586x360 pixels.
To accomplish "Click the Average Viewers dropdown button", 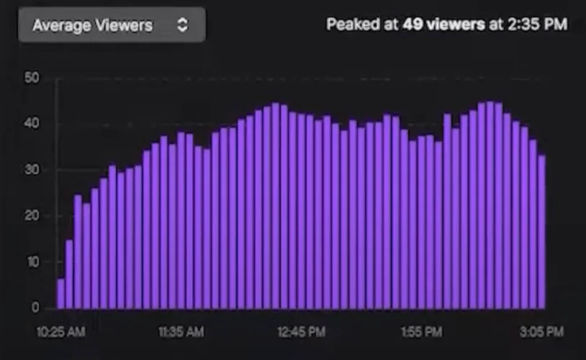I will (112, 25).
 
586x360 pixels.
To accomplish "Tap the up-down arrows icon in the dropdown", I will (183, 25).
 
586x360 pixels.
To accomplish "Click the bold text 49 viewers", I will (443, 24).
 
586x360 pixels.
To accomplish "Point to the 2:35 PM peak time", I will (537, 24).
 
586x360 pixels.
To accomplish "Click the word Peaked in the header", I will (351, 24).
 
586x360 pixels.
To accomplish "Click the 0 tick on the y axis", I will (34, 308).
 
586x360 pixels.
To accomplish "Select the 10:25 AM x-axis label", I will (60, 332).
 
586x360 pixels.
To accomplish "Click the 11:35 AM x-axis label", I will (180, 332).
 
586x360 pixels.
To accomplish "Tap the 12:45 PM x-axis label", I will (300, 332).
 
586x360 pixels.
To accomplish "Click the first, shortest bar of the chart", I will (61, 294).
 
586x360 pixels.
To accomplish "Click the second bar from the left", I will (70, 274).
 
